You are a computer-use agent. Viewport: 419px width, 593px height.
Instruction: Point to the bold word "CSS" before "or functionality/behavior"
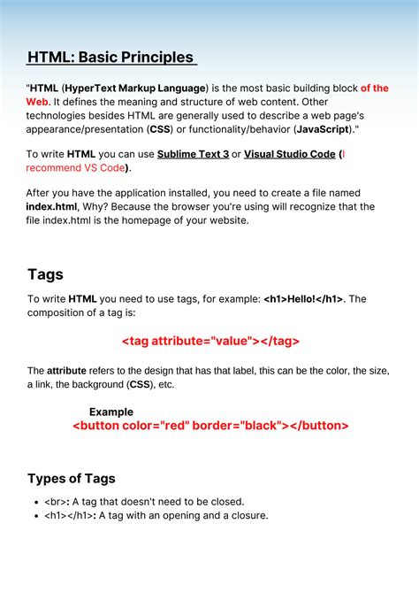[163, 129]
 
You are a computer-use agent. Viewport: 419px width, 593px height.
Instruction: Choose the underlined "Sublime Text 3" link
[193, 154]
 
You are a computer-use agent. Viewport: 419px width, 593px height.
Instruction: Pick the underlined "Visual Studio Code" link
[290, 154]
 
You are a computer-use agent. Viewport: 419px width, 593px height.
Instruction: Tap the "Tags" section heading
[45, 274]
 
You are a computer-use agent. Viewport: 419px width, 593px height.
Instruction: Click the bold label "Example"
[111, 412]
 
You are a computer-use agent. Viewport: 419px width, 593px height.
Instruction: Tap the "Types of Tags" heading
[72, 479]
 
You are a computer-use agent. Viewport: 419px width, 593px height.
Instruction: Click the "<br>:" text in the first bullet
[58, 502]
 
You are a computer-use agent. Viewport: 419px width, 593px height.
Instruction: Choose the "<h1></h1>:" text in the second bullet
[71, 515]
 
